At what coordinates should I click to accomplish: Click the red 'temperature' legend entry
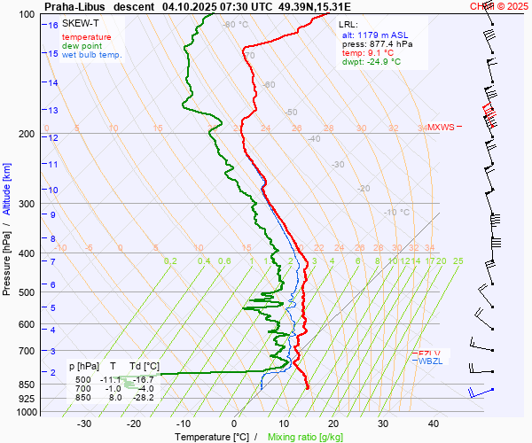pyautogui.click(x=87, y=37)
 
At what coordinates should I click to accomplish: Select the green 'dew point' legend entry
pyautogui.click(x=81, y=46)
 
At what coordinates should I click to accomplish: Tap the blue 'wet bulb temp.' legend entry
pyautogui.click(x=91, y=55)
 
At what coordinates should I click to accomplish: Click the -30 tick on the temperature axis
pyautogui.click(x=85, y=424)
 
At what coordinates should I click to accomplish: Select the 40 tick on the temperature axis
pyautogui.click(x=434, y=424)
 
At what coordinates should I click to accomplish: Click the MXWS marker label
pyautogui.click(x=441, y=128)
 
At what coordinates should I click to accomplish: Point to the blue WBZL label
pyautogui.click(x=431, y=361)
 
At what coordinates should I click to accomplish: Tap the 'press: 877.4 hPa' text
pyautogui.click(x=377, y=43)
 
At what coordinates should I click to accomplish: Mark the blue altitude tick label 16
pyautogui.click(x=53, y=26)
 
